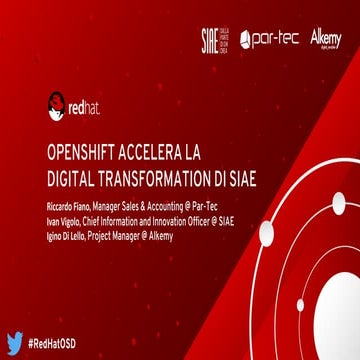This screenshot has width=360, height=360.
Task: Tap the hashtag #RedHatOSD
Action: point(63,342)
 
